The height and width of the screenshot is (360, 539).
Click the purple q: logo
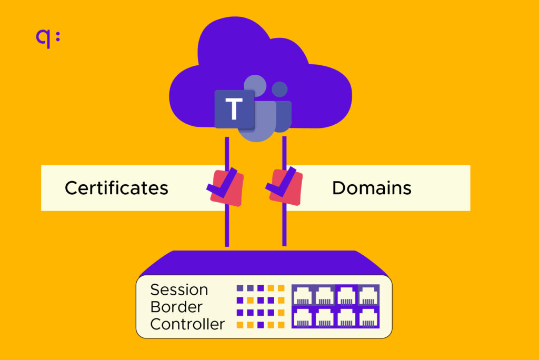[47, 38]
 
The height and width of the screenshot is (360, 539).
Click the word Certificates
[116, 188]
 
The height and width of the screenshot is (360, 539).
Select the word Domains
[372, 188]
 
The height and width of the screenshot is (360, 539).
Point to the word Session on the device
[179, 289]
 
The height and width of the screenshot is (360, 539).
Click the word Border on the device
[176, 307]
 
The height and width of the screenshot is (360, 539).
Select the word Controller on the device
[187, 324]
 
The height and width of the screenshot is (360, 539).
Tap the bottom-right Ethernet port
[368, 317]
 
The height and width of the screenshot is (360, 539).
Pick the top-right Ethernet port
[368, 295]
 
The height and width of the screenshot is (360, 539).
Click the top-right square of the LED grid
[281, 288]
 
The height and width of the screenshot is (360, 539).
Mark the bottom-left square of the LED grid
[240, 324]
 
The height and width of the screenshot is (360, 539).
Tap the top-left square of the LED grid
[240, 288]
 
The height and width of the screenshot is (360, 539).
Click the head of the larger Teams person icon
[255, 85]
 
